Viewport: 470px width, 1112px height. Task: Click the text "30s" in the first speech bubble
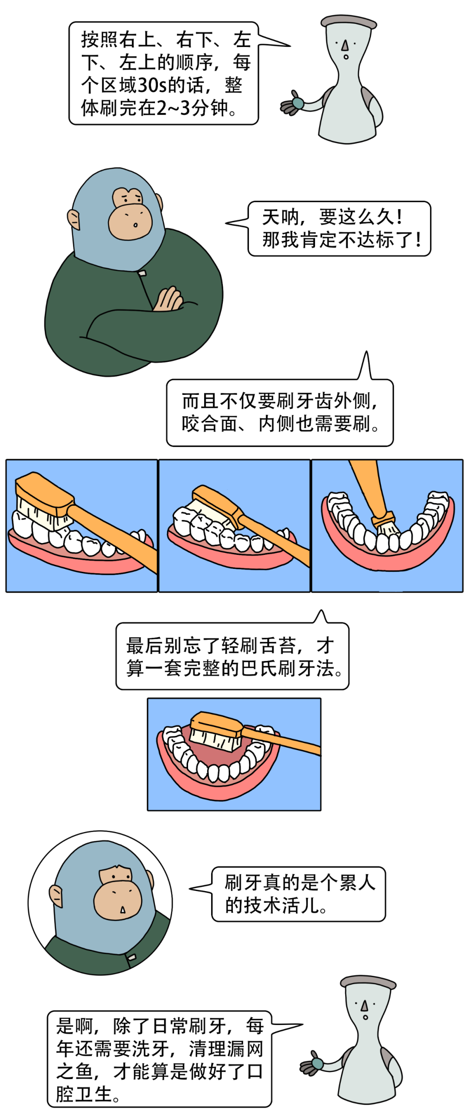coord(152,85)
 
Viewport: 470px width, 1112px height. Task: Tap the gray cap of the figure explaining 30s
coord(348,21)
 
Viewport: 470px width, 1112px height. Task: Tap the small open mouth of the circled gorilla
coord(123,910)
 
